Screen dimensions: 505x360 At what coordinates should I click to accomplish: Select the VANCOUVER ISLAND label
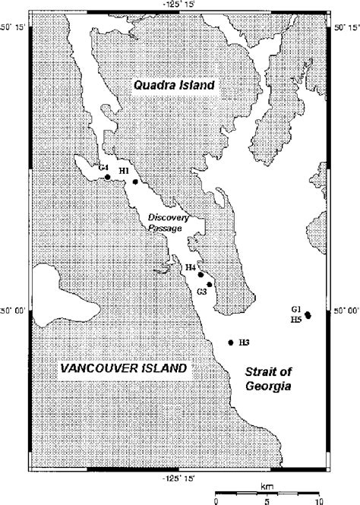pyautogui.click(x=123, y=368)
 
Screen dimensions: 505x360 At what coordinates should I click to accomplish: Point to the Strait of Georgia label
pyautogui.click(x=267, y=378)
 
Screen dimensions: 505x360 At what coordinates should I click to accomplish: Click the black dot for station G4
pyautogui.click(x=108, y=177)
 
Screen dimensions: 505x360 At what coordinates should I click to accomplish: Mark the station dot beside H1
pyautogui.click(x=135, y=181)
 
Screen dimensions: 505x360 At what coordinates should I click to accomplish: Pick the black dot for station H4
pyautogui.click(x=201, y=275)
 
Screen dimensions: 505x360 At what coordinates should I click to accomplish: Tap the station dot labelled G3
pyautogui.click(x=209, y=284)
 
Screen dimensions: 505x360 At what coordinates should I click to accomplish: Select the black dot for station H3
pyautogui.click(x=230, y=342)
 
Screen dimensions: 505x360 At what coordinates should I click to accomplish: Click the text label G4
pyautogui.click(x=103, y=167)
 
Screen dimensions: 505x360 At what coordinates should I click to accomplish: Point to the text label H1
pyautogui.click(x=124, y=172)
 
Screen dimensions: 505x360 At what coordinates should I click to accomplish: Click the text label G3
pyautogui.click(x=201, y=292)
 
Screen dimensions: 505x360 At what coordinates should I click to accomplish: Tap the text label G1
pyautogui.click(x=296, y=309)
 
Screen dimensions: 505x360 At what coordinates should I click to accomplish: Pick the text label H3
pyautogui.click(x=244, y=342)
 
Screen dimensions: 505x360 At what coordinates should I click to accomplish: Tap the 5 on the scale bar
pyautogui.click(x=267, y=500)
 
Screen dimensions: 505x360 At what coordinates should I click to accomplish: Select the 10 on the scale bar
pyautogui.click(x=317, y=500)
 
